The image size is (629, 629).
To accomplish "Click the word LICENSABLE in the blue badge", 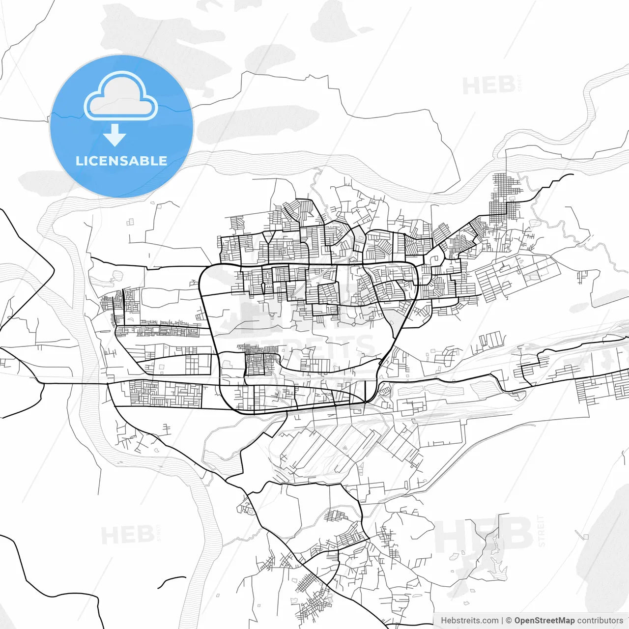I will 121,161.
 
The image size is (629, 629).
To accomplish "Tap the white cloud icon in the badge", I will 121,96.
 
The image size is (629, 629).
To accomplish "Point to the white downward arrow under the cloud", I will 114,135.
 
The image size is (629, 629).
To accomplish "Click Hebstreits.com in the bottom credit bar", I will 469,621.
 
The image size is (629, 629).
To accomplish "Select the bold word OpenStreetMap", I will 544,621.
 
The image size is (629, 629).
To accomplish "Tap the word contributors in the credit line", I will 600,621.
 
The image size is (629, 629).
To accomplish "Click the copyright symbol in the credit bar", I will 509,621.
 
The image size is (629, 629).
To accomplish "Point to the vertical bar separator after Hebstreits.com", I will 502,621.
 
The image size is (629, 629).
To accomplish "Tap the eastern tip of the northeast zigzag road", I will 573,174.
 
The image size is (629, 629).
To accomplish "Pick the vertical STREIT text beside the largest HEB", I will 542,531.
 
